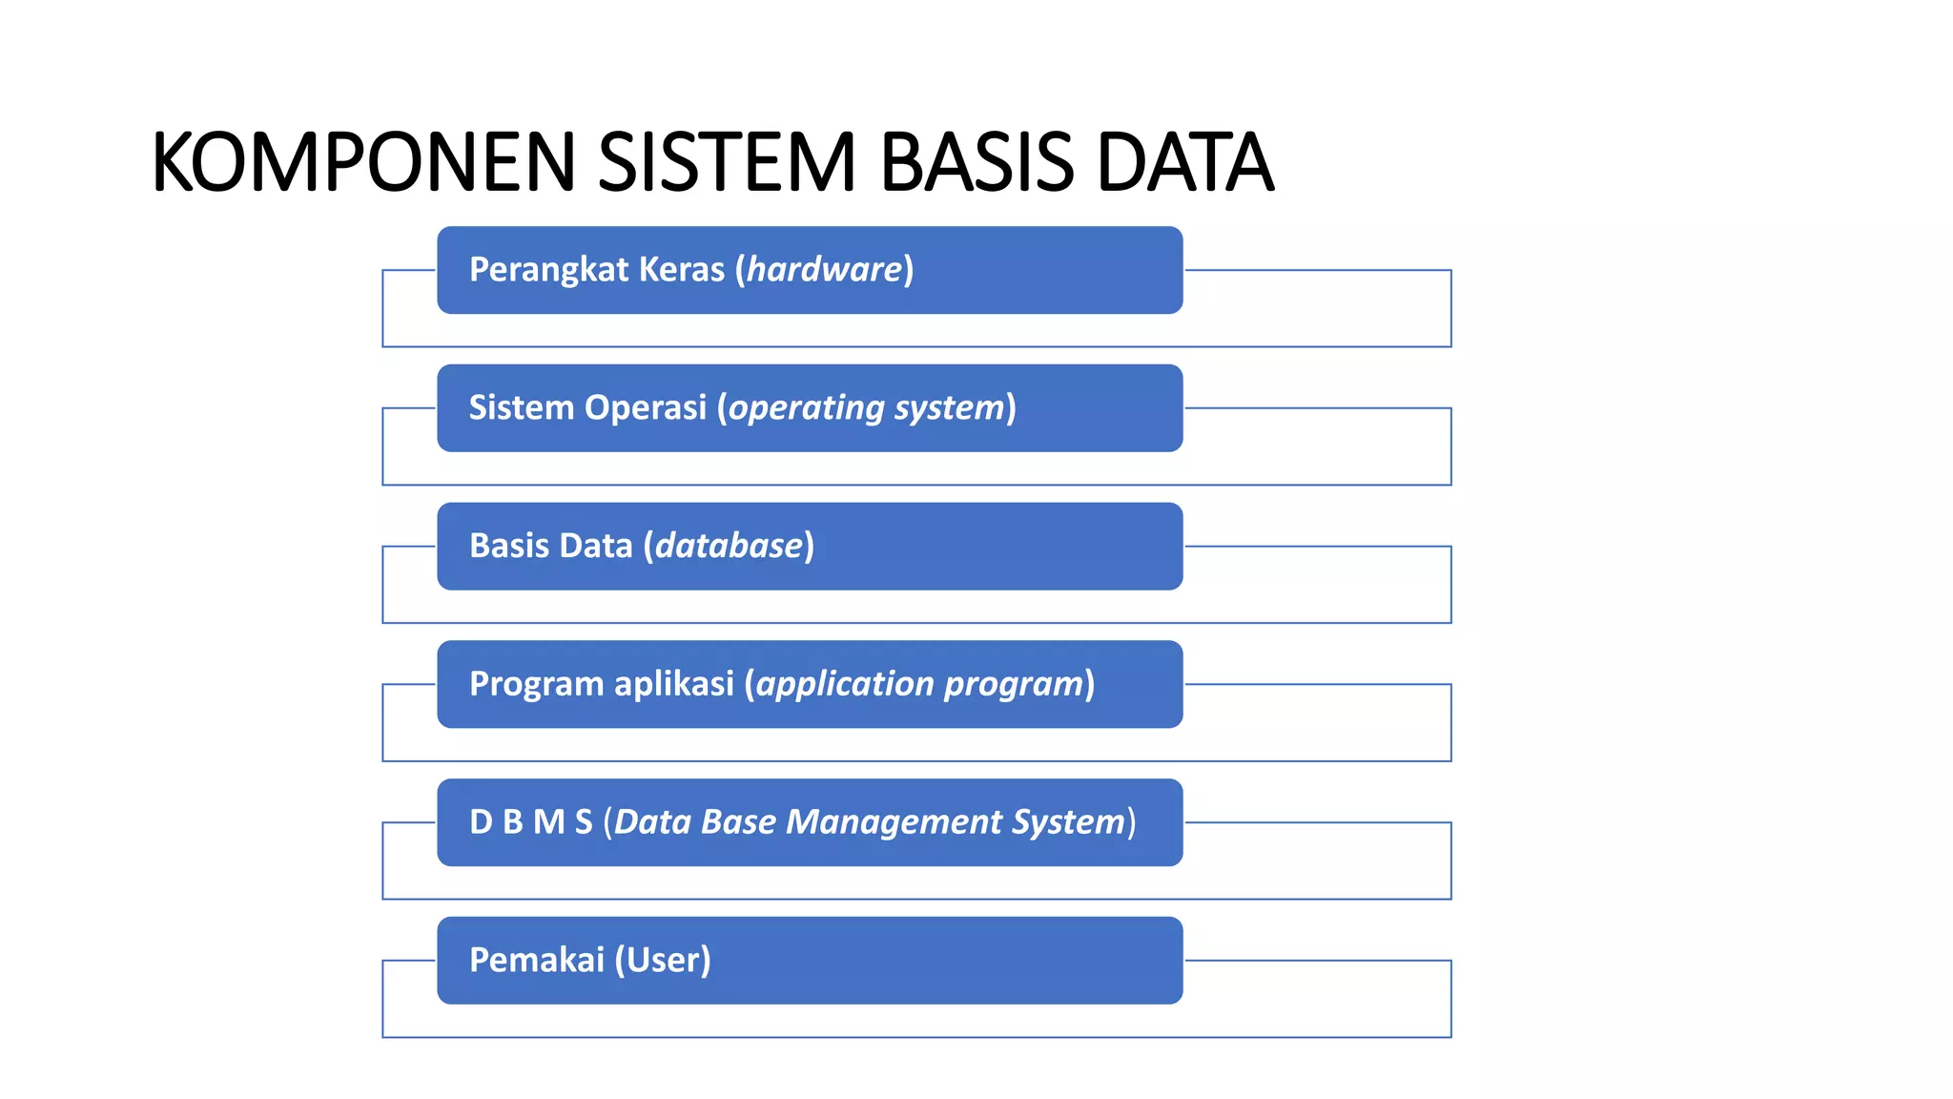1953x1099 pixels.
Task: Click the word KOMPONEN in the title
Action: click(x=363, y=162)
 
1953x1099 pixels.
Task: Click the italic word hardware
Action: click(x=825, y=270)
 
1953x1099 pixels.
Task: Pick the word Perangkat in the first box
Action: click(x=548, y=270)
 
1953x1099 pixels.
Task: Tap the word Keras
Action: click(x=682, y=270)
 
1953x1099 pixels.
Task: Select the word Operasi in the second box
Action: click(x=646, y=408)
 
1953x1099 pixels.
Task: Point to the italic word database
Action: click(x=730, y=546)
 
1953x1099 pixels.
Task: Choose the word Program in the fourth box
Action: click(x=537, y=685)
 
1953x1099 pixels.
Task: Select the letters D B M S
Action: click(x=531, y=822)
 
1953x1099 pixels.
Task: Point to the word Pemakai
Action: click(x=537, y=961)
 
